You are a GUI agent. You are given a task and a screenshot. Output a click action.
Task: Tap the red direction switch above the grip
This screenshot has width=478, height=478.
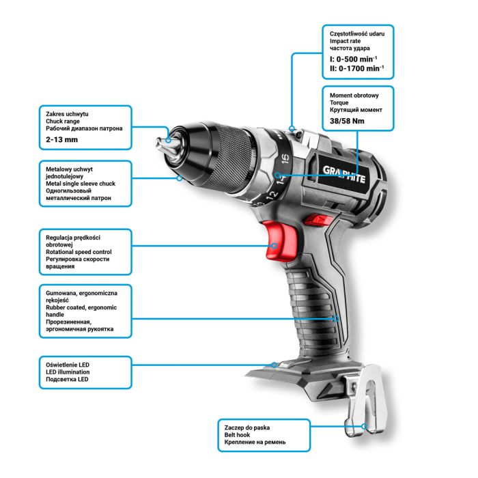coord(315,220)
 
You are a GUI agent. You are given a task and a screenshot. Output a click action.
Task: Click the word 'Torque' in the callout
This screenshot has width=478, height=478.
coord(340,101)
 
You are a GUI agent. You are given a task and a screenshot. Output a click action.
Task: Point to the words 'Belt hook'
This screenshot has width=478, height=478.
coord(238,434)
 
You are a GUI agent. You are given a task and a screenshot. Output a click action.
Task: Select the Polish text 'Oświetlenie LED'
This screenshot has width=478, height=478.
coord(69,363)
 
